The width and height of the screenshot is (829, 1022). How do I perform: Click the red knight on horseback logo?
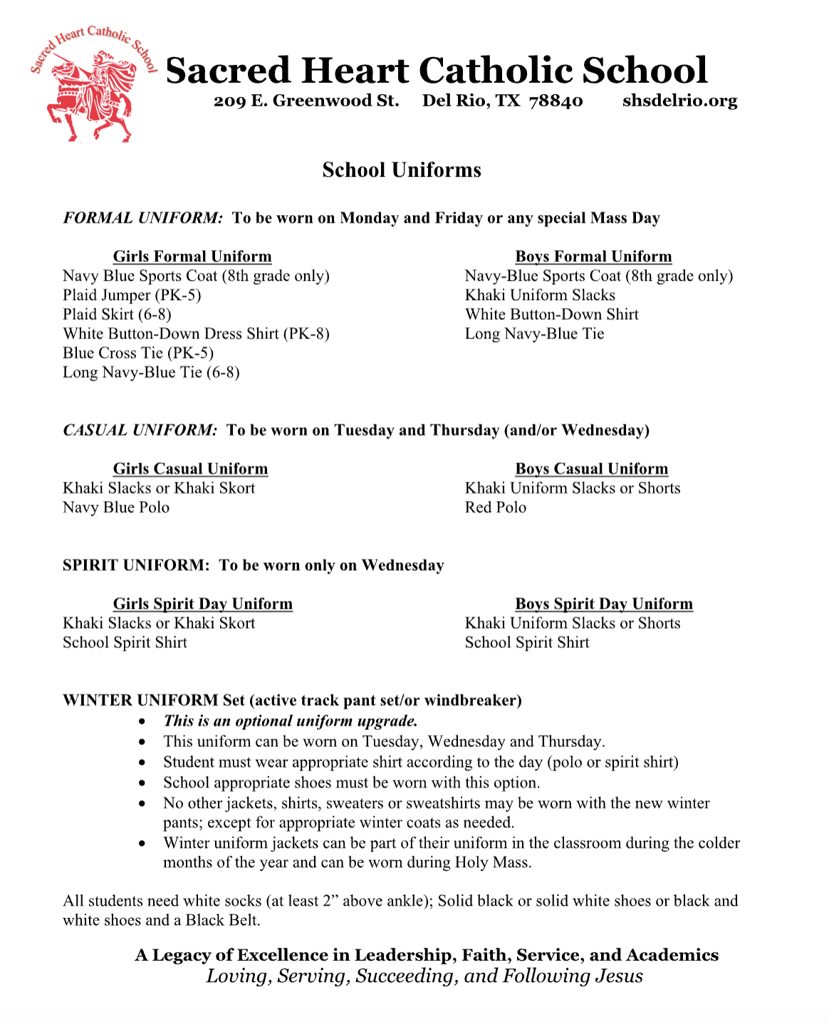[91, 93]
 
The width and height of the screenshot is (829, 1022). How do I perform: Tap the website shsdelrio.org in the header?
[679, 101]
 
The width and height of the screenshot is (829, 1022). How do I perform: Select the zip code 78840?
[556, 101]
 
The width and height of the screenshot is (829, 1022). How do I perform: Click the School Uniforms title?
[402, 170]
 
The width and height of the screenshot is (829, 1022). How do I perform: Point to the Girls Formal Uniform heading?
[192, 257]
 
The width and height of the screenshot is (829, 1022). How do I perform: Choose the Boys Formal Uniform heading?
[593, 257]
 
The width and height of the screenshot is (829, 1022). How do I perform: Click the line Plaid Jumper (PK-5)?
[132, 295]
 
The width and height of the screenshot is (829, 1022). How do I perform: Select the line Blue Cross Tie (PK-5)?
[138, 353]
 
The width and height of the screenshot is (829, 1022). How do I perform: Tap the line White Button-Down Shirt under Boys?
[552, 314]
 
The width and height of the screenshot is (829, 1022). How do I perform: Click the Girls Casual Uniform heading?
[190, 469]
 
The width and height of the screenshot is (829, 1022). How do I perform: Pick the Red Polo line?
[496, 507]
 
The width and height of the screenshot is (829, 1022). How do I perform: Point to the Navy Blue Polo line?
[116, 507]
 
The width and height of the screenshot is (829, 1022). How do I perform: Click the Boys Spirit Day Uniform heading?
[604, 604]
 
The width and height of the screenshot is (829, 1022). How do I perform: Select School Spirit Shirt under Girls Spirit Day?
[125, 643]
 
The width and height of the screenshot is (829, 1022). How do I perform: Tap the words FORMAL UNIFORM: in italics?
[143, 218]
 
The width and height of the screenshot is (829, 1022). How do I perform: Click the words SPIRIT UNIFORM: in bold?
[136, 566]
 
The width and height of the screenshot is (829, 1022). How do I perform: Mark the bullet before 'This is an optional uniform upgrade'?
[143, 722]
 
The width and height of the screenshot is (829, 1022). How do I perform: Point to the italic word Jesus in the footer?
[619, 976]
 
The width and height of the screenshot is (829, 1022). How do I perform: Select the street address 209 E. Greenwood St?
[306, 101]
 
